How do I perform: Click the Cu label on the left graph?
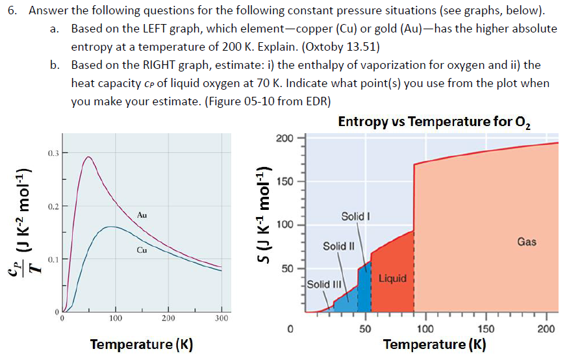pyautogui.click(x=142, y=249)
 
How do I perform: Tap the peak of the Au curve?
pyautogui.click(x=88, y=157)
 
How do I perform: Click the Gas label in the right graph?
pyautogui.click(x=527, y=242)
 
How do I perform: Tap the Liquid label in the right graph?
pyautogui.click(x=392, y=278)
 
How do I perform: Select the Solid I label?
pyautogui.click(x=356, y=215)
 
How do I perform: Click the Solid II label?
pyautogui.click(x=338, y=246)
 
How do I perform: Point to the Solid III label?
pyautogui.click(x=323, y=284)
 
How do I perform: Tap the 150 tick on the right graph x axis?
pyautogui.click(x=486, y=329)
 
